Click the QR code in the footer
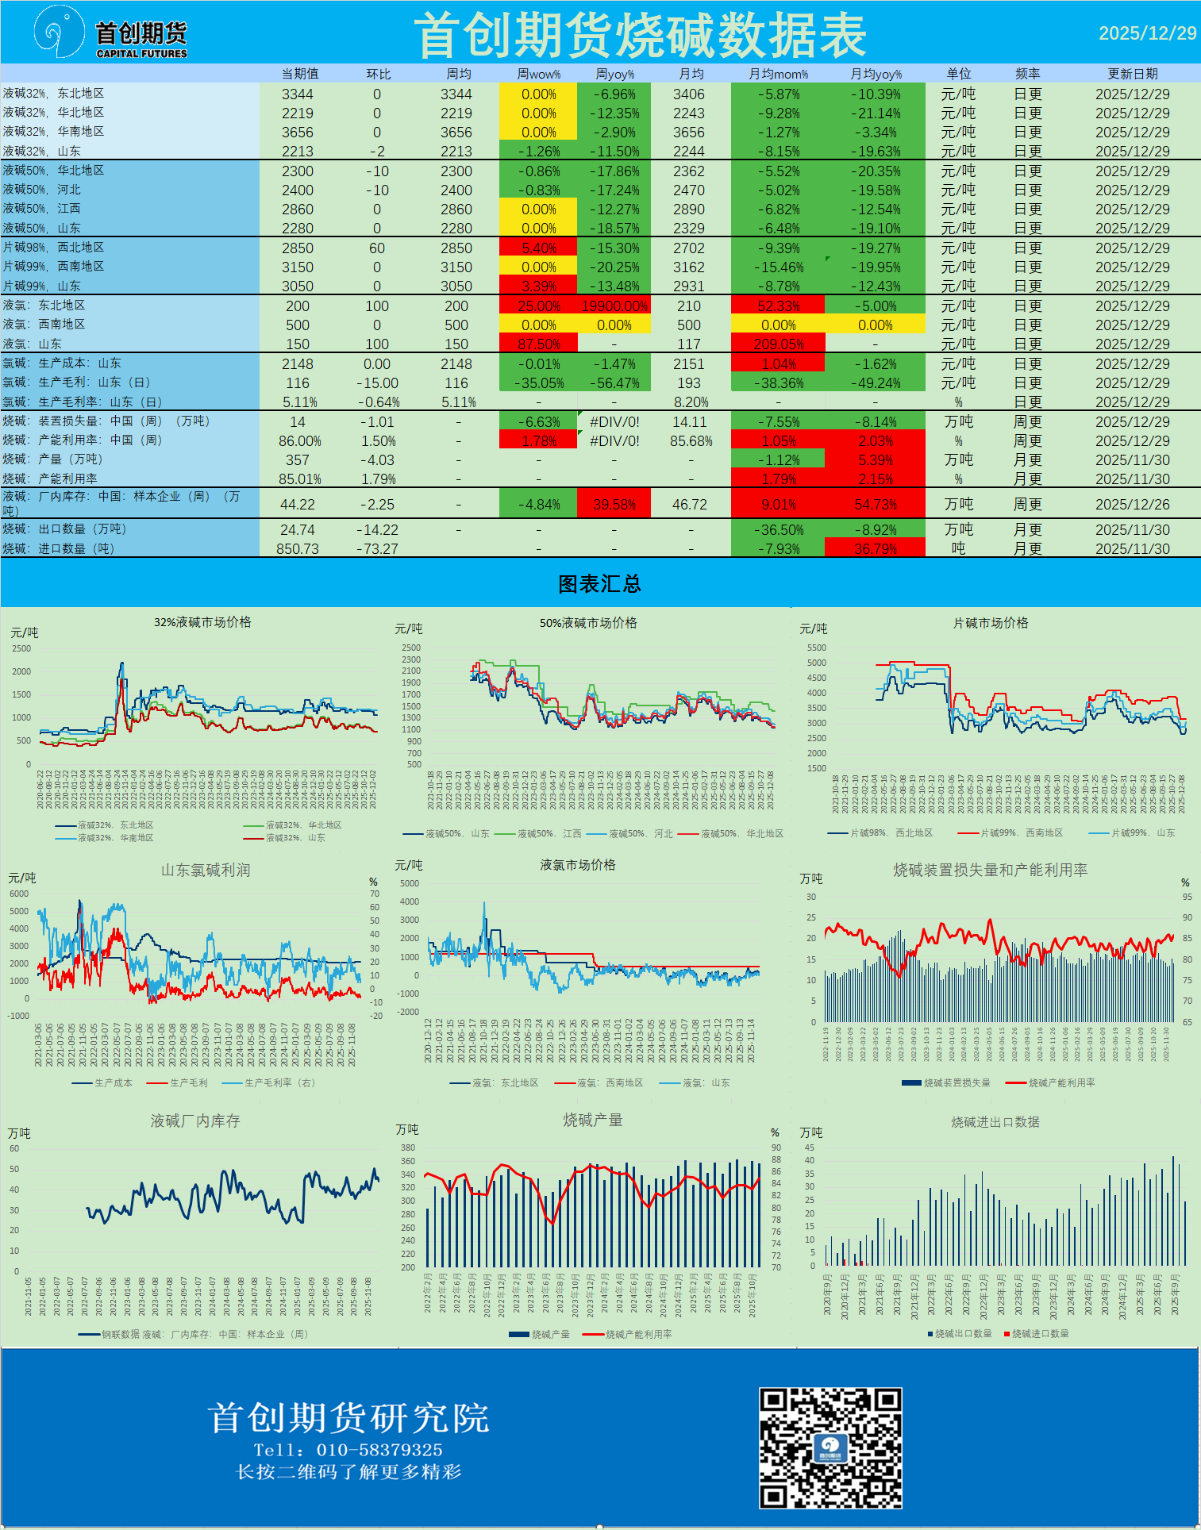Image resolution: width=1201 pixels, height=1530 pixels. pos(830,1447)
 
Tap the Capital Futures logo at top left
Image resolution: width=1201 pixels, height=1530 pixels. pos(111,33)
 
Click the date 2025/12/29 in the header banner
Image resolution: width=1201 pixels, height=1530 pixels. pos(1147,33)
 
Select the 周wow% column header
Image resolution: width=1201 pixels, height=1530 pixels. pos(538,74)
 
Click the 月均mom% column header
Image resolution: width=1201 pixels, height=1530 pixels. pos(778,74)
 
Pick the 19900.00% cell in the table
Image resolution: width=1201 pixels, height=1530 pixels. pos(614,306)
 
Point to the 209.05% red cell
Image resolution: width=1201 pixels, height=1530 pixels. pos(778,344)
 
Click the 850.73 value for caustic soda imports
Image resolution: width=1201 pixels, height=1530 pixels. pos(297,549)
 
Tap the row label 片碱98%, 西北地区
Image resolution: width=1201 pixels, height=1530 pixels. pos(54,248)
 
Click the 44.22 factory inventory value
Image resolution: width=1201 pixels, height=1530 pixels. pos(297,505)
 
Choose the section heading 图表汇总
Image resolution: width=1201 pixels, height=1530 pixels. pos(599,584)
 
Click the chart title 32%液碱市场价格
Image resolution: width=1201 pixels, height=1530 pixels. pos(202,622)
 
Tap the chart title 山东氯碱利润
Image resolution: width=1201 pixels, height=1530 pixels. pos(206,870)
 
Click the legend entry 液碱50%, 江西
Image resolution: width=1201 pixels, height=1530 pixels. pos(549,833)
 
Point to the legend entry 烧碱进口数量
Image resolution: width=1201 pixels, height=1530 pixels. pos(1040,1333)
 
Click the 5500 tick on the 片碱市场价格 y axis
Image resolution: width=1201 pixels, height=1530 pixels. pos(817,648)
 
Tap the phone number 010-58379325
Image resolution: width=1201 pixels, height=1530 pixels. pos(379,1450)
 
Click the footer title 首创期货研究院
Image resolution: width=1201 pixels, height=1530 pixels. pos(348,1417)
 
